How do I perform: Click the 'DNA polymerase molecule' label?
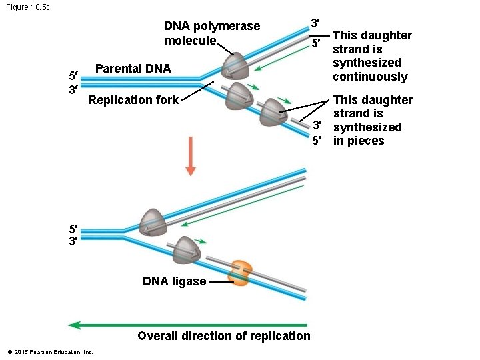click(211, 33)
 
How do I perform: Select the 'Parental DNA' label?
click(133, 69)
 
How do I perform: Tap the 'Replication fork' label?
click(133, 100)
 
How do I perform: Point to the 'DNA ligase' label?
click(174, 281)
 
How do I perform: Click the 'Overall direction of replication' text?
click(223, 336)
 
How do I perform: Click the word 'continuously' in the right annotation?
click(370, 77)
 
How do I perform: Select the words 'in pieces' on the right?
click(359, 141)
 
